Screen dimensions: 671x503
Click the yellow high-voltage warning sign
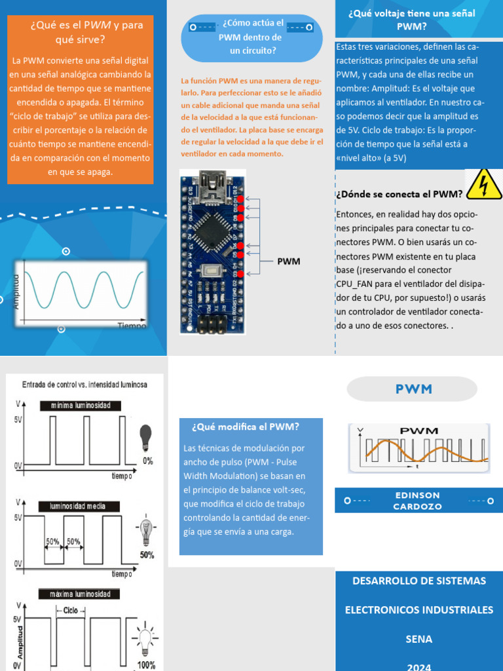pos(483,183)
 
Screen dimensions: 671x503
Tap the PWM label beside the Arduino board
pos(288,261)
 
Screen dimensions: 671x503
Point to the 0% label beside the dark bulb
pos(147,461)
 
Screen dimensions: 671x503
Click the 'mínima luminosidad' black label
pos(81,406)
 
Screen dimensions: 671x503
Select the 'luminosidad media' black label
pos(77,506)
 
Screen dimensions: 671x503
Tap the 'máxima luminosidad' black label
pos(80,594)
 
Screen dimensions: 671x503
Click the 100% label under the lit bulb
pos(147,665)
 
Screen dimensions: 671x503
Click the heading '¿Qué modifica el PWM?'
pos(246,427)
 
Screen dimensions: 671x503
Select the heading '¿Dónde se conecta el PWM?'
pos(400,194)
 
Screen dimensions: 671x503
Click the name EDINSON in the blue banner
pos(418,495)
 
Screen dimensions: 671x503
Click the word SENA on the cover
pos(419,639)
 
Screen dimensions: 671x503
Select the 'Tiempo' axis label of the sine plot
pos(132,325)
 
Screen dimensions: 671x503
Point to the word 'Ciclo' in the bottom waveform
pos(71,609)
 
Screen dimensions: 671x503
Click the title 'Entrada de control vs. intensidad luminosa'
pos(84,385)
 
